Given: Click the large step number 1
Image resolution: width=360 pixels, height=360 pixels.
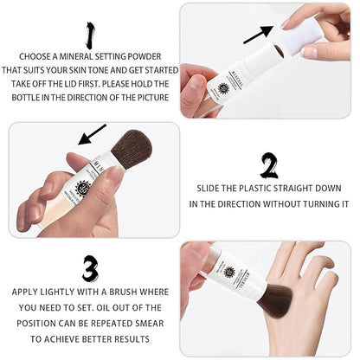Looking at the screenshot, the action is (x=91, y=35).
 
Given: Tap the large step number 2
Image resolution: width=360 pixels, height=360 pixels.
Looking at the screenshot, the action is (x=269, y=165).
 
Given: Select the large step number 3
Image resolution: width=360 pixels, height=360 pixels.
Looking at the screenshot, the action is (x=90, y=268).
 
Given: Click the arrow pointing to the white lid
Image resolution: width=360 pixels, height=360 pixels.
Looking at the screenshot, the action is (x=258, y=35).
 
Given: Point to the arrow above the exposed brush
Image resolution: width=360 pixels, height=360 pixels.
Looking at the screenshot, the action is (x=93, y=134).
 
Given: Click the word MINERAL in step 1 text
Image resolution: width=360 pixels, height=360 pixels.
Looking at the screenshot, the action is (x=77, y=56).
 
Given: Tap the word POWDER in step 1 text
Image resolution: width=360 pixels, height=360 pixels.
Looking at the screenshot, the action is (x=145, y=56).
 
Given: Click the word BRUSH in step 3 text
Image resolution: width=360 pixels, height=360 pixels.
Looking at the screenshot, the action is (x=122, y=292).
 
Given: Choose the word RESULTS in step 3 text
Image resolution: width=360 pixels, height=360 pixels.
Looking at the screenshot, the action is (x=132, y=339).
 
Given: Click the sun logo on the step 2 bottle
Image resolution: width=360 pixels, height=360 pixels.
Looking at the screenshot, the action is (x=82, y=187).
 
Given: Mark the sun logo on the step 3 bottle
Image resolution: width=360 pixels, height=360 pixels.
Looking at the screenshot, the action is (x=229, y=272).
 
